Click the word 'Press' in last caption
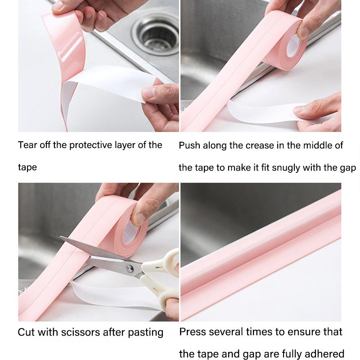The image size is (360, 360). (x=193, y=332)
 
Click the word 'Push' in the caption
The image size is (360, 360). (x=189, y=145)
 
